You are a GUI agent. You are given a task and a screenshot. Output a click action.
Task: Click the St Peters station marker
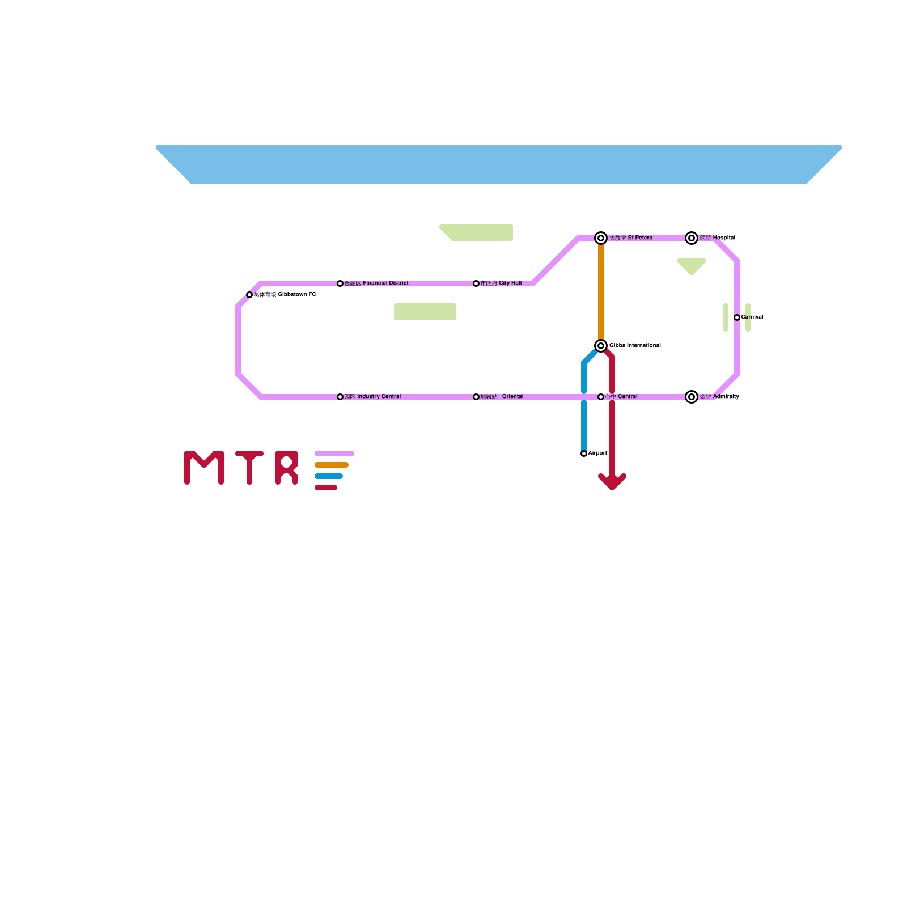[x=601, y=238]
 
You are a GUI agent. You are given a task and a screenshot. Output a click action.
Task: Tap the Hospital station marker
[x=692, y=238]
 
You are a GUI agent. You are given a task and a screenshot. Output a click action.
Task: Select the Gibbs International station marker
[x=601, y=346]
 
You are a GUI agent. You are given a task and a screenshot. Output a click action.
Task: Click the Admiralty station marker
[x=692, y=397]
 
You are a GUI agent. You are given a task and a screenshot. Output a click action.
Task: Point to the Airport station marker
[x=584, y=453]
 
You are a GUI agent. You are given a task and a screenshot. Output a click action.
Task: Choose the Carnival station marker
[x=737, y=317]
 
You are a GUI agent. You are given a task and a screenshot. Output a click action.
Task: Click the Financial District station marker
[x=340, y=283]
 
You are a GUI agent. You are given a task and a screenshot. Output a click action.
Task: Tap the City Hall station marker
[x=476, y=283]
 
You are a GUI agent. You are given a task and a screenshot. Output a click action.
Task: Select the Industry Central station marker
[x=340, y=397]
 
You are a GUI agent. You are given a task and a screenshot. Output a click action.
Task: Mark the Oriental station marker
[x=476, y=397]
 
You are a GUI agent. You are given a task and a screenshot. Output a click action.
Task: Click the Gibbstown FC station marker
[x=249, y=295]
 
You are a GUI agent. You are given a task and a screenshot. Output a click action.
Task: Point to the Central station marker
[x=601, y=397]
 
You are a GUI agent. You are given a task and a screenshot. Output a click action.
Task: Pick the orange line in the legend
[x=332, y=465]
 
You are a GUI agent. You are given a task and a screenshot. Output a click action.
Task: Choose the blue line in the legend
[x=329, y=476]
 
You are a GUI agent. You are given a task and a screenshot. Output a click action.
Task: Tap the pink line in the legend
[x=334, y=453]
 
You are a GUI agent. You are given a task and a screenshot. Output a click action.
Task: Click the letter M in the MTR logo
[x=204, y=468]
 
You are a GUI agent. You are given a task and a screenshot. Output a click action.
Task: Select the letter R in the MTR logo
[x=286, y=468]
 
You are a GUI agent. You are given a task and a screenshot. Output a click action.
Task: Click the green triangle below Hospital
[x=692, y=265]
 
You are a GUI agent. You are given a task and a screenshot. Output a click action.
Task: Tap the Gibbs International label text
[x=635, y=346]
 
